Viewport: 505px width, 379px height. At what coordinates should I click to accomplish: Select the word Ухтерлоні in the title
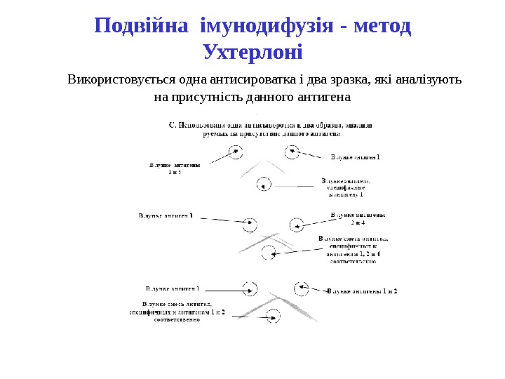(x=252, y=53)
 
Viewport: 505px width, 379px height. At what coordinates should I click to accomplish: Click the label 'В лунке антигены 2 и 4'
(x=358, y=219)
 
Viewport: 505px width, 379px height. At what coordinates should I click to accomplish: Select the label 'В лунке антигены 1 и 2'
(x=362, y=291)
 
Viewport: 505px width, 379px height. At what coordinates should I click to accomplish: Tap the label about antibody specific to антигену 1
(x=346, y=187)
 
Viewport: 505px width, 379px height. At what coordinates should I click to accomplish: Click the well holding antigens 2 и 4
(x=297, y=225)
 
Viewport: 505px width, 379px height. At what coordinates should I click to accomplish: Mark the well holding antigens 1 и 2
(x=302, y=287)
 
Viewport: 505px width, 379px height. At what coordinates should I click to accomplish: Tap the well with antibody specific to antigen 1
(x=264, y=185)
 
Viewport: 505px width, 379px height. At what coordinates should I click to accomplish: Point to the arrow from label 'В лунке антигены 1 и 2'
(x=318, y=289)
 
